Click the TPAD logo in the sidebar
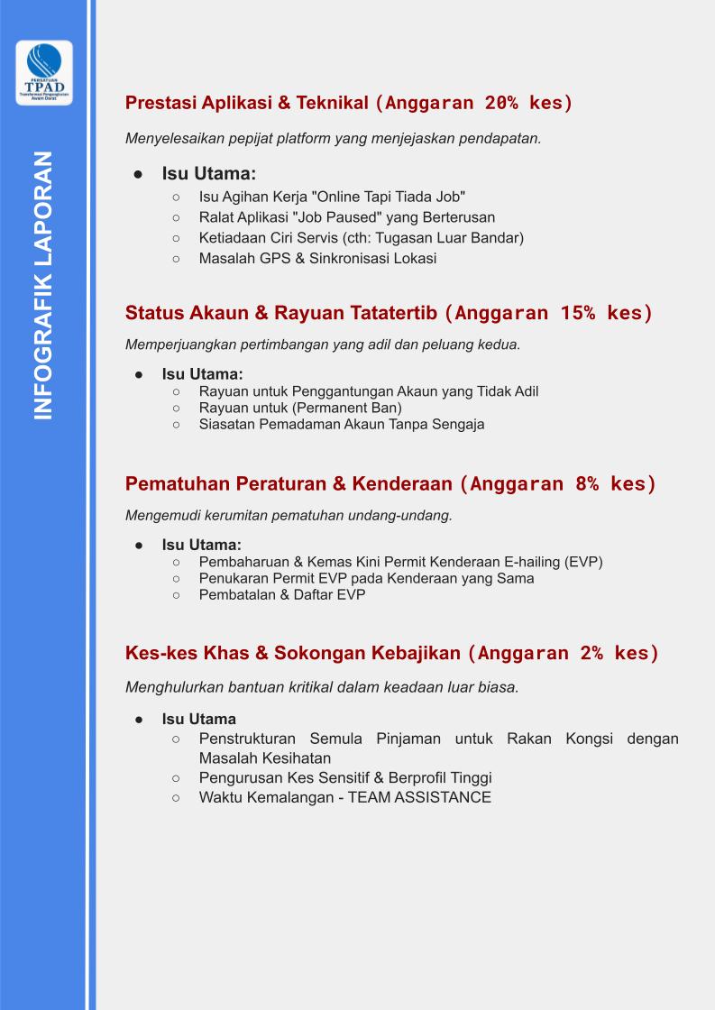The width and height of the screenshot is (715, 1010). tap(44, 72)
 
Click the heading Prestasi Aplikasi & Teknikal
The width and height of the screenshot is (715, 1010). tap(247, 103)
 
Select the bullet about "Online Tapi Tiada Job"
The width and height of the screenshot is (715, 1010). tap(332, 196)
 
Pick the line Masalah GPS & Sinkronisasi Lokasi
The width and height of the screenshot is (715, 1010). tap(317, 259)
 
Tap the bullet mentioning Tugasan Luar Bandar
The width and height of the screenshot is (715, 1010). tap(361, 238)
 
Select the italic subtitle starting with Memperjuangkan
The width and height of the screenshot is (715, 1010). tap(323, 344)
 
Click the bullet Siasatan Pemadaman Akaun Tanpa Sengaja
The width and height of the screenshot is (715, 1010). tap(341, 424)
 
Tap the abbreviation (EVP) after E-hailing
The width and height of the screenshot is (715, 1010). tap(583, 562)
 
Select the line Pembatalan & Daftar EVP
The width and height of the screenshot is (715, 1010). tap(281, 594)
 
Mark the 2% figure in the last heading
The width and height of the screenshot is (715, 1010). tap(591, 653)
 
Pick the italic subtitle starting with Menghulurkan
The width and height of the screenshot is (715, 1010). tap(322, 686)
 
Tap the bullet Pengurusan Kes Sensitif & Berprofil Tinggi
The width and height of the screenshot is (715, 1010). tap(344, 777)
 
